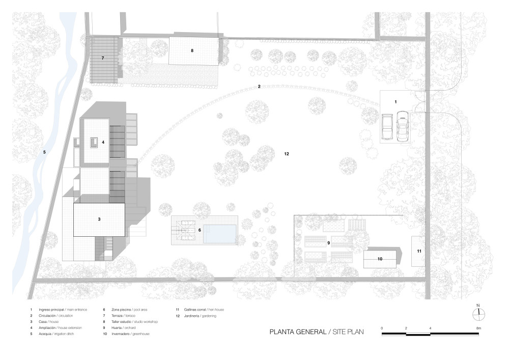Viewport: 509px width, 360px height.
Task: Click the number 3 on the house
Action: point(99,219)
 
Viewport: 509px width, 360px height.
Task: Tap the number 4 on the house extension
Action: point(103,143)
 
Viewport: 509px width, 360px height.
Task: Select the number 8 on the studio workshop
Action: point(192,50)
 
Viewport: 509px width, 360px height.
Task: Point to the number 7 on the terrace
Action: point(102,58)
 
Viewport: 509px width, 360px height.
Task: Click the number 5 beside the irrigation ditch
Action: point(44,152)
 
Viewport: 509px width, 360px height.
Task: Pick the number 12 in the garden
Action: point(287,153)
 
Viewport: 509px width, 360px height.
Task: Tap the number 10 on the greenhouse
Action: point(380,259)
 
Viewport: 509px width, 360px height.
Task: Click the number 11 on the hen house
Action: point(419,251)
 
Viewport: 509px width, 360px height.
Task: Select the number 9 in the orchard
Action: point(329,243)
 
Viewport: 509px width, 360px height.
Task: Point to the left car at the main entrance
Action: point(387,127)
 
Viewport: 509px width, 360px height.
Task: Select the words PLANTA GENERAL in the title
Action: point(298,331)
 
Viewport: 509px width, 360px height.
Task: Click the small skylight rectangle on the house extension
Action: point(94,143)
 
